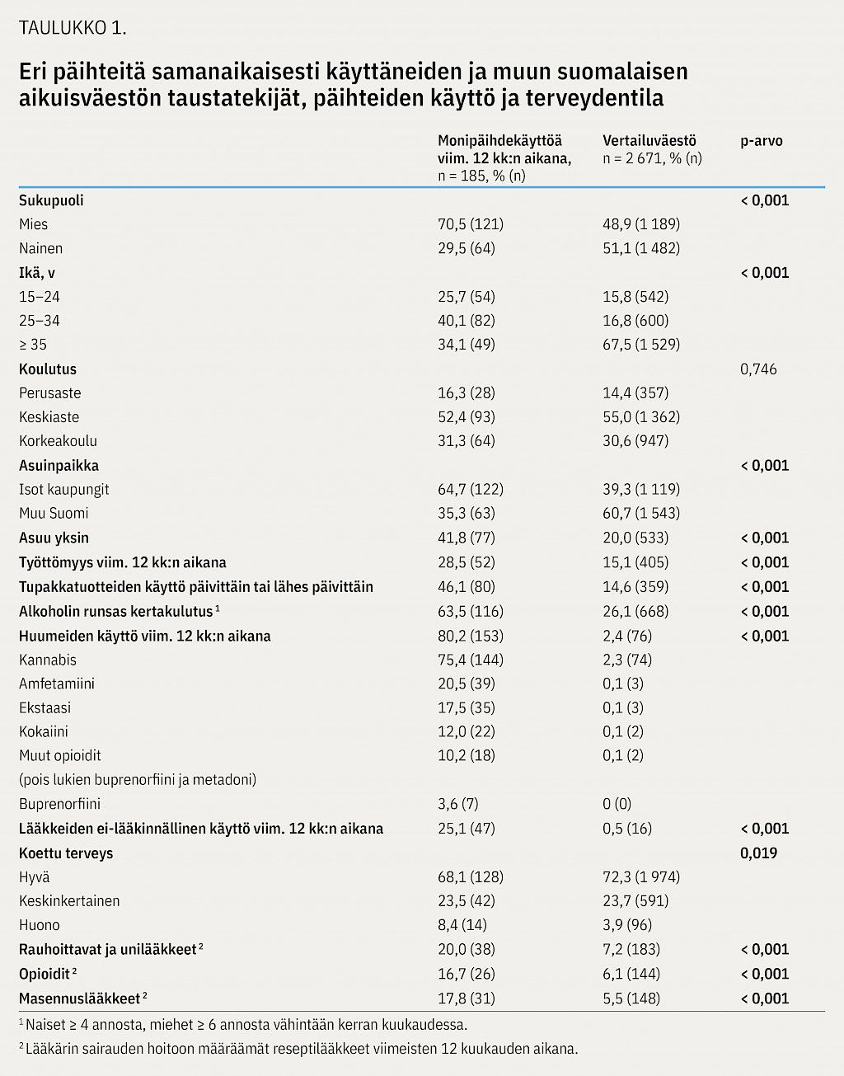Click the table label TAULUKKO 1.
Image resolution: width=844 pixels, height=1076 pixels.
(73, 28)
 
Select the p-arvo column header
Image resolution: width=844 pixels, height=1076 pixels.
(762, 141)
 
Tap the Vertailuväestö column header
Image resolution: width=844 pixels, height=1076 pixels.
(649, 141)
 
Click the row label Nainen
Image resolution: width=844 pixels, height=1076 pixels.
(40, 248)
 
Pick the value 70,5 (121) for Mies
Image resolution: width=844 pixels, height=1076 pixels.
(471, 224)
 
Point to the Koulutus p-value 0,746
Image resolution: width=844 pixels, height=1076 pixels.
(758, 369)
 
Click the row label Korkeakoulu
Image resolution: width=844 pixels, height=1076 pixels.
(58, 440)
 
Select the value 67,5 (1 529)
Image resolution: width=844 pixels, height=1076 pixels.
(641, 345)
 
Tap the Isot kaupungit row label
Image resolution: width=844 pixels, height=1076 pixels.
(63, 489)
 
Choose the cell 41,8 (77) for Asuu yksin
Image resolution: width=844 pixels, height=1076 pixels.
(467, 538)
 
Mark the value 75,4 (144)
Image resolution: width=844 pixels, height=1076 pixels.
(471, 660)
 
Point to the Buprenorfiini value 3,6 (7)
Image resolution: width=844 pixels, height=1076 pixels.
(458, 803)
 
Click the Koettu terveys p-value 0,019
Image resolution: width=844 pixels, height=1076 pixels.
(758, 853)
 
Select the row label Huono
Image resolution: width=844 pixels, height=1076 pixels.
(39, 925)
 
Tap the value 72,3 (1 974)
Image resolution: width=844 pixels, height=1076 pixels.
(641, 877)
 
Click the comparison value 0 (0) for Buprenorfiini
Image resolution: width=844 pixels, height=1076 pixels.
(617, 803)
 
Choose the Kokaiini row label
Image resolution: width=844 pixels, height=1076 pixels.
(44, 731)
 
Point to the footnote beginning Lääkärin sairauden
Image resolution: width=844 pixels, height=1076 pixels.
(298, 1049)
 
